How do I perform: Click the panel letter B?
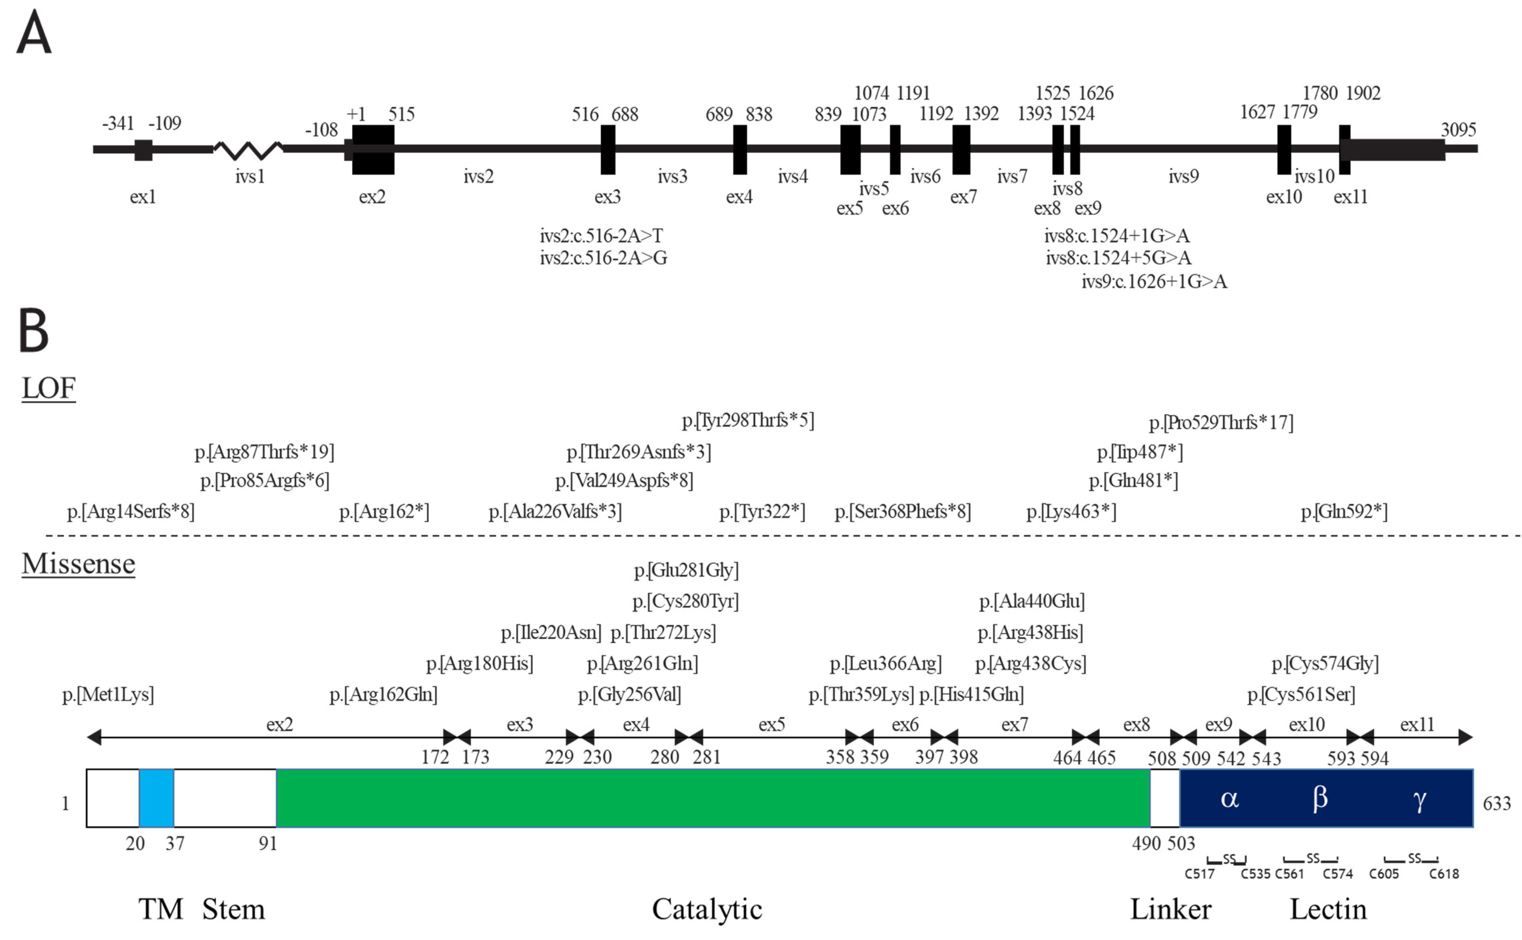coord(34,330)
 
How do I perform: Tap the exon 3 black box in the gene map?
coord(608,150)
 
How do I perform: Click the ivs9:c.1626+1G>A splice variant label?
coord(1154,282)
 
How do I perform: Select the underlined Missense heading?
coord(78,564)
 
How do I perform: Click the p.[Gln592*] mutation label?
coord(1344,512)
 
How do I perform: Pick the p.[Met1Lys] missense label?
coord(108,694)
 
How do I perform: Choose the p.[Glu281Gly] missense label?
coord(686,570)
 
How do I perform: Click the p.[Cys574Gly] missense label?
coord(1325,663)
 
